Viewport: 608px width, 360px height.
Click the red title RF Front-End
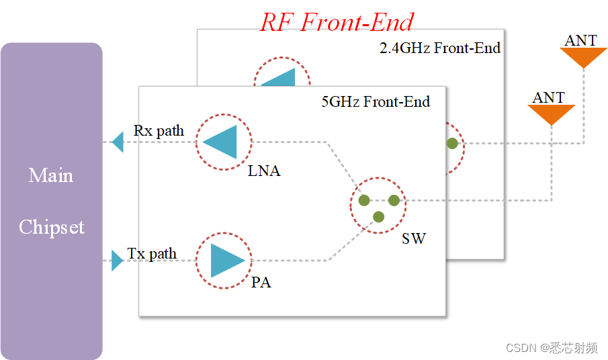[337, 22]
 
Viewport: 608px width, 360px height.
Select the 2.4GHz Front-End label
[440, 48]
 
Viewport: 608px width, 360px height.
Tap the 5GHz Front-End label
[375, 102]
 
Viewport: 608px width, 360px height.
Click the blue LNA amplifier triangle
[222, 142]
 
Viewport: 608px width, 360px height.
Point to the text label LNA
[263, 171]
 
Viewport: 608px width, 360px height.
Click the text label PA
[261, 283]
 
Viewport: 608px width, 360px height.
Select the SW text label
[413, 238]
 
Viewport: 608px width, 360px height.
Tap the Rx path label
[159, 130]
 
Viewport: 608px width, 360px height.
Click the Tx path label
[153, 254]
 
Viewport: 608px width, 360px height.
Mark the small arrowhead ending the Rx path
[118, 142]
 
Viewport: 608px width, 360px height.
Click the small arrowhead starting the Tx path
[117, 261]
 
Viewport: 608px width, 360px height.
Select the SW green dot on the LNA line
[363, 200]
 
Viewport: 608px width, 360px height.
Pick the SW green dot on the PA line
[378, 216]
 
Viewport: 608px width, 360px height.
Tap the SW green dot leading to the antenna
[394, 200]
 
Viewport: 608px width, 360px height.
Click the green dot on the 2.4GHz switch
[453, 143]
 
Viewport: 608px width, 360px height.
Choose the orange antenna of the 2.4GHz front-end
[583, 57]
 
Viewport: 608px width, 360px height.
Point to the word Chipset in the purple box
[52, 227]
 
